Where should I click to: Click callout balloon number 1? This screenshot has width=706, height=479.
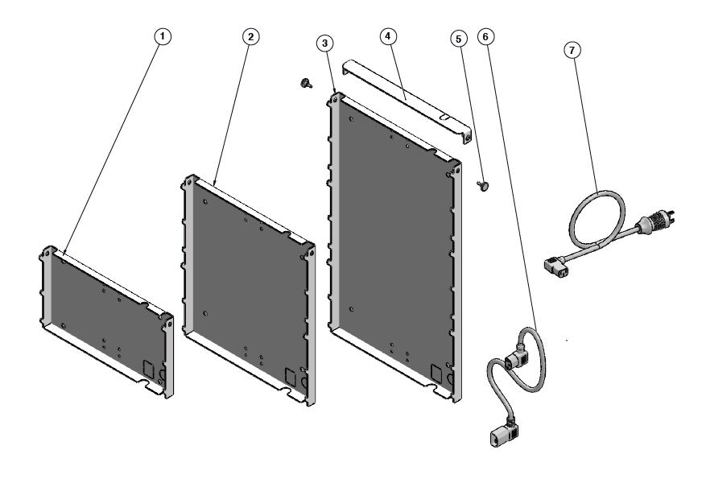163,36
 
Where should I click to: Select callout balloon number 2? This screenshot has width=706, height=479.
250,36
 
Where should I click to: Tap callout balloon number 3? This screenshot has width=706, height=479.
324,42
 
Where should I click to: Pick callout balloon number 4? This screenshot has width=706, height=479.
388,36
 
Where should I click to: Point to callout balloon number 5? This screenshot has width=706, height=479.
459,37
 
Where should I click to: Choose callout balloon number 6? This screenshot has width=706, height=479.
485,36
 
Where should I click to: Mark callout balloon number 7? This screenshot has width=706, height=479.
571,49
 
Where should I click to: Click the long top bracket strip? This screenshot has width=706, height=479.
407,100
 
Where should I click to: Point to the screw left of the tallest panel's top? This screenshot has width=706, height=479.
306,83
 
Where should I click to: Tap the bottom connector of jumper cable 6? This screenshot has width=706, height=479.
498,437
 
